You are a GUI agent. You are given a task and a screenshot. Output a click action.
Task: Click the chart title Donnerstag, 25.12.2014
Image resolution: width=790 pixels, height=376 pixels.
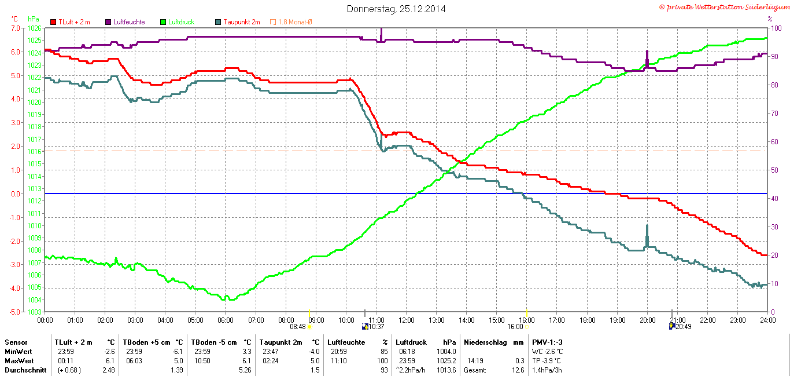point(396,9)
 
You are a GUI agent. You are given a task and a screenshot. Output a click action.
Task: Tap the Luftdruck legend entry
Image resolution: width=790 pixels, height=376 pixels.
point(181,22)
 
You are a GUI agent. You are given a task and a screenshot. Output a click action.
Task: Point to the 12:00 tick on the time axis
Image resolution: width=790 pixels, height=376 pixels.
point(407,320)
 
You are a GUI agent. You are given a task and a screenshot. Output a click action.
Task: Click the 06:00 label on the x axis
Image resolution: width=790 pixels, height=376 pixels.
point(226,320)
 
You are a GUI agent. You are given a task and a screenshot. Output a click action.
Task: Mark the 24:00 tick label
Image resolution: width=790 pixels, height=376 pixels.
point(767,320)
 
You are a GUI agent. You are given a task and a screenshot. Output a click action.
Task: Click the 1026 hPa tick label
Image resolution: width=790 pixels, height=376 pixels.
point(34,28)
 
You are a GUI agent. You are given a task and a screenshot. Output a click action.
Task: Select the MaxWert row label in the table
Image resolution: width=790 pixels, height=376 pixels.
point(19,361)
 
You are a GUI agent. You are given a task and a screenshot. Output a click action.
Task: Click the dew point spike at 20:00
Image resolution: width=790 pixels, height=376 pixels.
point(647,227)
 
